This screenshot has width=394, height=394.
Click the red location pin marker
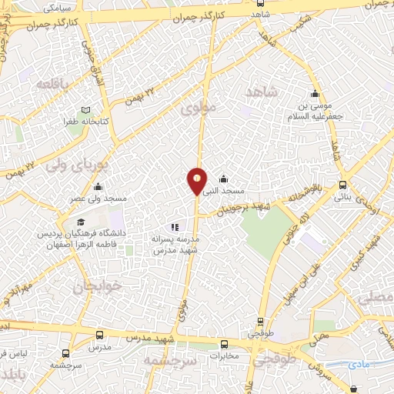tap(197, 181)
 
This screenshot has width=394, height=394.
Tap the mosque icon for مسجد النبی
tap(223, 179)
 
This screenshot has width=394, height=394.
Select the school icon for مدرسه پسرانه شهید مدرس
tap(175, 228)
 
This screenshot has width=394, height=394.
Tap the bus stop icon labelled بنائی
tap(342, 185)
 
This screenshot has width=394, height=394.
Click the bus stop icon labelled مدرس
tap(100, 336)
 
